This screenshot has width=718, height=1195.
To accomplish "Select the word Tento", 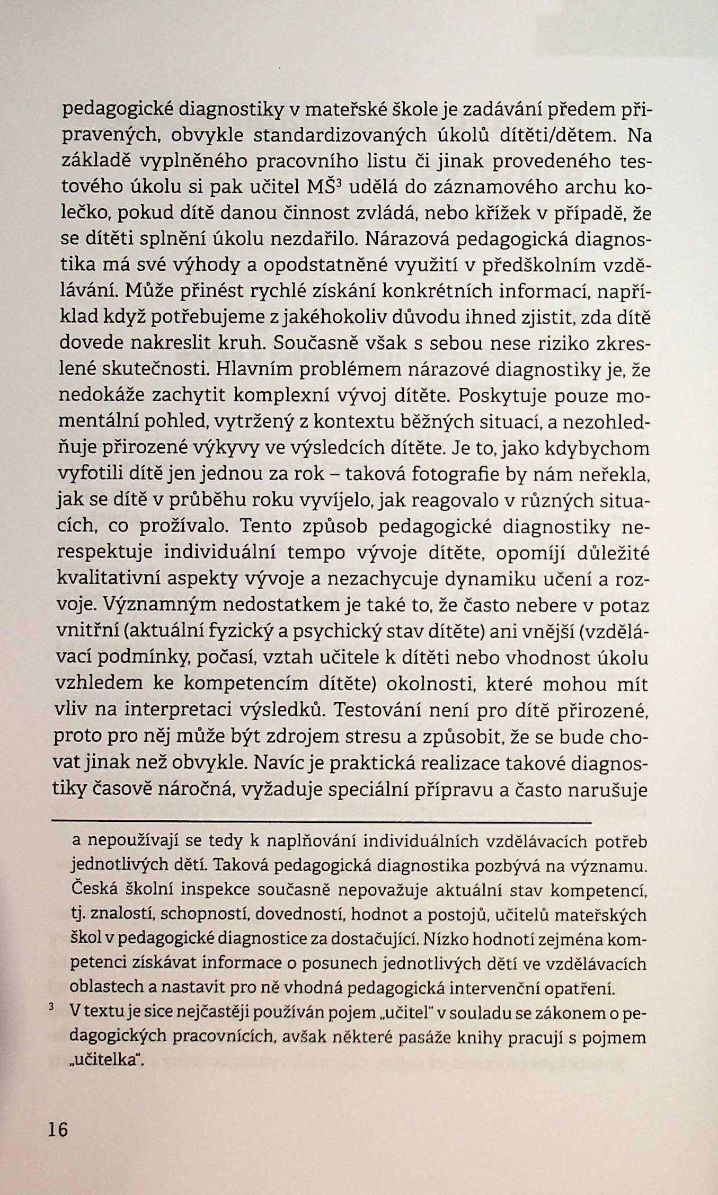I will click(x=267, y=527).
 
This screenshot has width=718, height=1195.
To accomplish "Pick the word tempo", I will click(x=316, y=553).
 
